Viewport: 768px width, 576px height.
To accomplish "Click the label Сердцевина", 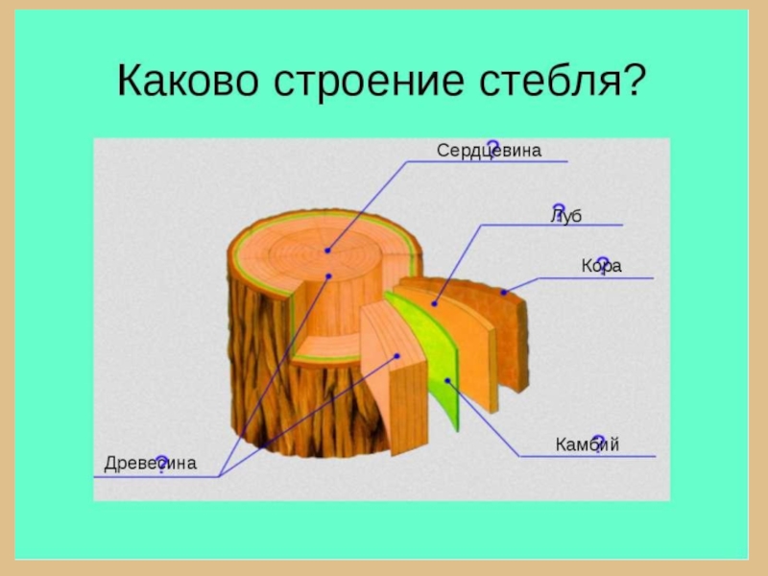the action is [489, 151].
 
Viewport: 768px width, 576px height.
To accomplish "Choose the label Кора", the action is [601, 266].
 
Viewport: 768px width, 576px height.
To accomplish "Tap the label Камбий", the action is [587, 444].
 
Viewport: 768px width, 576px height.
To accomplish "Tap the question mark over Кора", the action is [604, 259].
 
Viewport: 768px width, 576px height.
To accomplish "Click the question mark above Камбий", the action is [598, 440].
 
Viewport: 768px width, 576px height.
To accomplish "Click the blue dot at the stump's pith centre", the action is [327, 251].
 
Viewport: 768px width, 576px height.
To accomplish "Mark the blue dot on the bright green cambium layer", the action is [447, 380].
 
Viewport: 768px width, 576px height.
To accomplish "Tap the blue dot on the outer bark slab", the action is [503, 291].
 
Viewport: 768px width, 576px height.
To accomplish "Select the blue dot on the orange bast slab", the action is [434, 303].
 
